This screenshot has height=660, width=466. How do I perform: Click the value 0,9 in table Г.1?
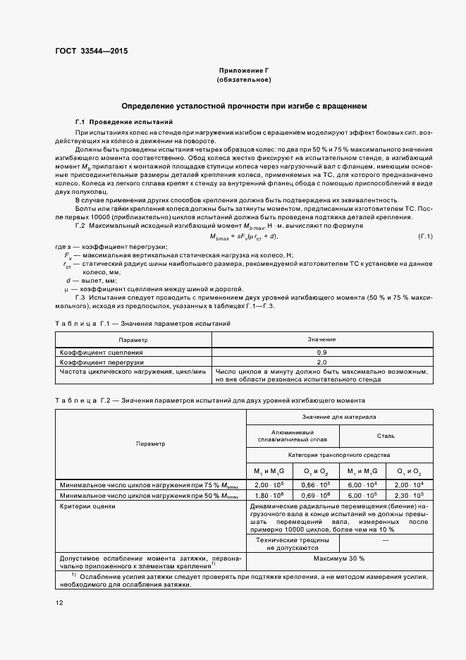[321, 351]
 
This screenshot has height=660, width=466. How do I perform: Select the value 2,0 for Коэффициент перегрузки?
[321, 361]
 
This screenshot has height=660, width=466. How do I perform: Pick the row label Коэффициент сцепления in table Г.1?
[102, 351]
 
